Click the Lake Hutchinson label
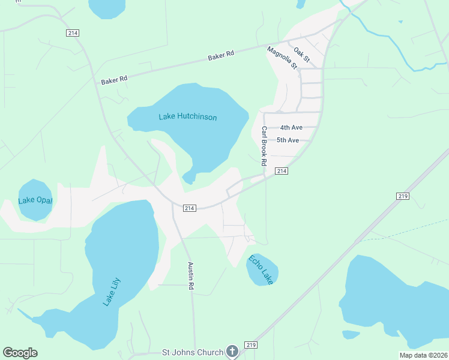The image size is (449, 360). [x=188, y=117]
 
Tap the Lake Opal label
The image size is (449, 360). [x=35, y=200]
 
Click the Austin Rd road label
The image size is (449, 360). [x=191, y=276]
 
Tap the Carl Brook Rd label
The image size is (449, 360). [x=263, y=146]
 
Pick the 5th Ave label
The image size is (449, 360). [x=288, y=140]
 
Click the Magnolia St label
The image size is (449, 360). [x=282, y=58]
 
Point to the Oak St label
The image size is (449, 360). [x=302, y=55]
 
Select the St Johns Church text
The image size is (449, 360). [x=193, y=352]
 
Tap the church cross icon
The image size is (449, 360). [x=232, y=352]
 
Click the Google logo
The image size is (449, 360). [x=20, y=353]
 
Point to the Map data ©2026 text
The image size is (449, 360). [x=423, y=355]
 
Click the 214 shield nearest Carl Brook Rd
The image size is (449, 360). [x=282, y=172]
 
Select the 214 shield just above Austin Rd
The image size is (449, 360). [x=189, y=208]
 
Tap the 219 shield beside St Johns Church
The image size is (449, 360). [x=251, y=345]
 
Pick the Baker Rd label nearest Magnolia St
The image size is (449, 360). [x=220, y=56]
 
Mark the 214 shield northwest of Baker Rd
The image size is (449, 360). [x=73, y=33]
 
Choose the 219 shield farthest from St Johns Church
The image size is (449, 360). [x=403, y=196]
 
